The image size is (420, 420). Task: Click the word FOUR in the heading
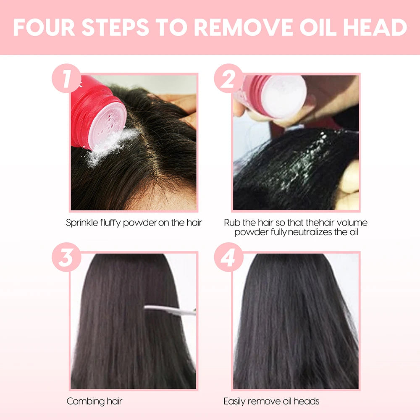pos(44,27)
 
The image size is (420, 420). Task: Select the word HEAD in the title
pos(375,27)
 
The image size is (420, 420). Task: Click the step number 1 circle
pos(66,78)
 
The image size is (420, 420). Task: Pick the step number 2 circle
pos(228,78)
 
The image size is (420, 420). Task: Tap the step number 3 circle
pos(66,257)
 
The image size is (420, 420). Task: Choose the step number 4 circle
pos(228,257)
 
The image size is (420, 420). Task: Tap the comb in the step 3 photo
pos(170,310)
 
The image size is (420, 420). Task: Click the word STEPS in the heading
pos(115,27)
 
